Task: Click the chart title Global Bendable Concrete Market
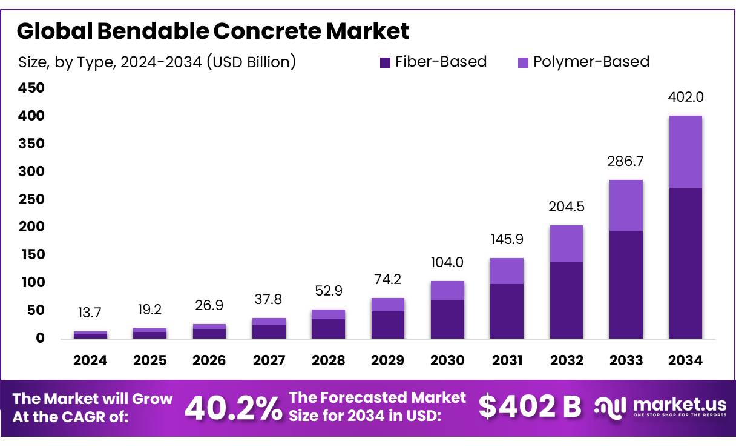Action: [213, 31]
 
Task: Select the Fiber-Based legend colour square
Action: [384, 62]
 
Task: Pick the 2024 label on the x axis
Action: [90, 360]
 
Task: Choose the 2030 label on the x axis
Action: [447, 360]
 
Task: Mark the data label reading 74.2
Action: [387, 280]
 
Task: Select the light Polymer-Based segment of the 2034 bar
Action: [685, 151]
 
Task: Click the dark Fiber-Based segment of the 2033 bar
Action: [626, 284]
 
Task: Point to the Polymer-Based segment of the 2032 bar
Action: [567, 243]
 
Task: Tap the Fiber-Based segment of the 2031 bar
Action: [507, 311]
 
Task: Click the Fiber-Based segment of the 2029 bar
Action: [387, 325]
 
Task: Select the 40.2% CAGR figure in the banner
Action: [233, 408]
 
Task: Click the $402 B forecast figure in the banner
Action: [530, 407]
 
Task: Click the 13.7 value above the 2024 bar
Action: [90, 313]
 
